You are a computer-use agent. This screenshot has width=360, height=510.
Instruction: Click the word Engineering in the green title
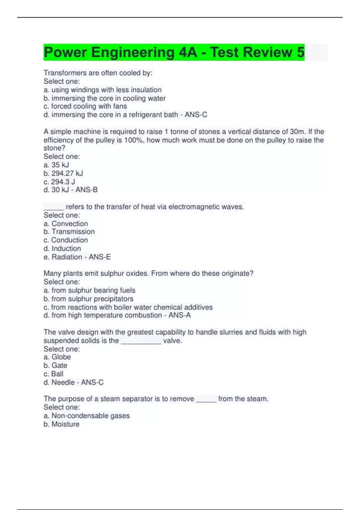tap(133, 52)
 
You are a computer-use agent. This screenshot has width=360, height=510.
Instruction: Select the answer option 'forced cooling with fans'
tap(89, 106)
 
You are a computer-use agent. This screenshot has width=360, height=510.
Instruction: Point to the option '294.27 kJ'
tap(67, 173)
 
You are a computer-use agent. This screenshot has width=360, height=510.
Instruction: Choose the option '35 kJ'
tap(60, 165)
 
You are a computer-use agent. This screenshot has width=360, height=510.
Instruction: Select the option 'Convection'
tap(70, 223)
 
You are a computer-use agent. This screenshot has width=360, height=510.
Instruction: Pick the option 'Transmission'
tap(73, 232)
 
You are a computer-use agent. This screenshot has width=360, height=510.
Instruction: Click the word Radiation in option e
tap(67, 257)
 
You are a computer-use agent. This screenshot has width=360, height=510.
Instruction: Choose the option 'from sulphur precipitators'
tap(92, 299)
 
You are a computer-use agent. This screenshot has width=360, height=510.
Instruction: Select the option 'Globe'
tap(61, 357)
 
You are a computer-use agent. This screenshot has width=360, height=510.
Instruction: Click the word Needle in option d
tap(63, 382)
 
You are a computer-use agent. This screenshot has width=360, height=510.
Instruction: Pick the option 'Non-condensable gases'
tap(90, 416)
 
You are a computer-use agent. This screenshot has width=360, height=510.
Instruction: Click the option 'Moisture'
tap(65, 424)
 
